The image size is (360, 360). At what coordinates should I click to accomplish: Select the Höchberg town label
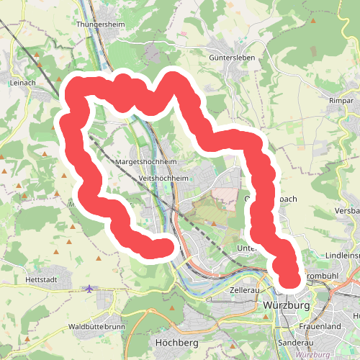(176, 343)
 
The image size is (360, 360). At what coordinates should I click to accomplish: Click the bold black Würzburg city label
(286, 306)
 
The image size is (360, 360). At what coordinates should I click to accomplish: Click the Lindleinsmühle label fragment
(341, 256)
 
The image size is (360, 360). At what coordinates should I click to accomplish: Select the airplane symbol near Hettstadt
(88, 289)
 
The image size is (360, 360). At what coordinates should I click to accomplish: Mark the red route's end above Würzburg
(289, 278)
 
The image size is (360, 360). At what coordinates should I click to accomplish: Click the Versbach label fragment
(346, 210)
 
